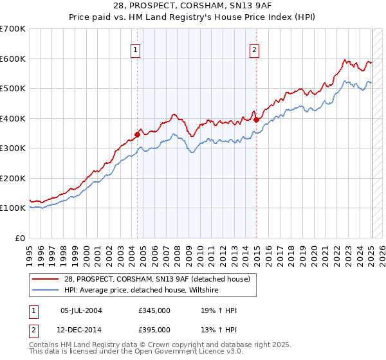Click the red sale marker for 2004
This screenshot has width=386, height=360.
137,134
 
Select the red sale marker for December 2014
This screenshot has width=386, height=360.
256,119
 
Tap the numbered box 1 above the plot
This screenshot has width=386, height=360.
136,50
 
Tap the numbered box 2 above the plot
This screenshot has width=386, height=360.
255,50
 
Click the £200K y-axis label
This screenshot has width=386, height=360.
13,178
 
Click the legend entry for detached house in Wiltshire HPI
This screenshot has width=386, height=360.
141,291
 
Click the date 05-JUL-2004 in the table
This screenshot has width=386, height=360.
81,310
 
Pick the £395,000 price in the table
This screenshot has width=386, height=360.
154,329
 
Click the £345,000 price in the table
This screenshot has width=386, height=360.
154,310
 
